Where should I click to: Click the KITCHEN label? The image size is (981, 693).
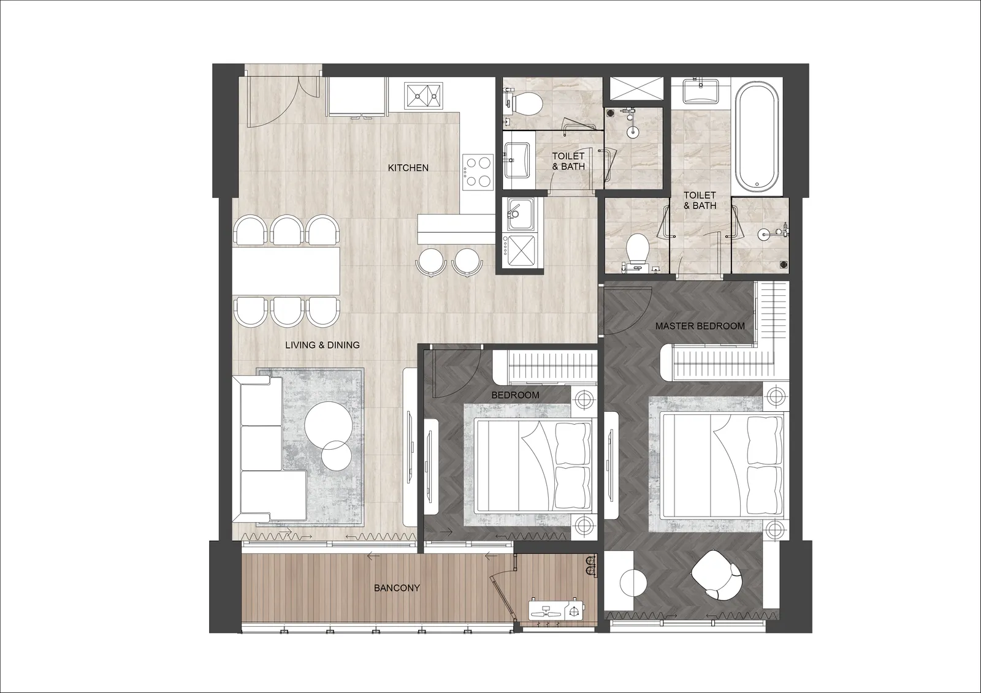click(x=408, y=168)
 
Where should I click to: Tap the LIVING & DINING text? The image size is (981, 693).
click(x=323, y=345)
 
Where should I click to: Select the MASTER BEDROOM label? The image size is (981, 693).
click(x=700, y=326)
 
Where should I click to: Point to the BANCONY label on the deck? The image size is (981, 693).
click(x=397, y=588)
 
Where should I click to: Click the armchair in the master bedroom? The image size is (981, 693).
click(x=717, y=576)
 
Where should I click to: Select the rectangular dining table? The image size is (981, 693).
click(x=286, y=271)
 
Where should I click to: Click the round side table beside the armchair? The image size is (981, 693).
click(x=634, y=583)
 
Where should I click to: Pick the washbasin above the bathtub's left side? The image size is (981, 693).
click(x=701, y=91)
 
